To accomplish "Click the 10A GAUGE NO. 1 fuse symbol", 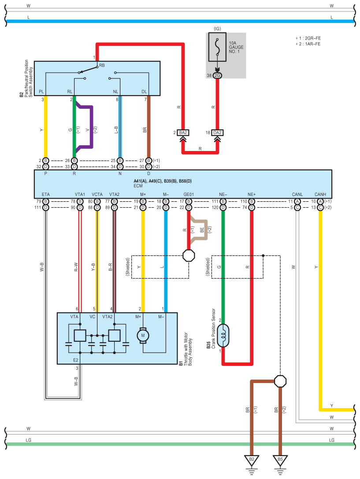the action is point(217,47).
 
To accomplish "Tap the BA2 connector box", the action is point(183,133).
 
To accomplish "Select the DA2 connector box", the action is point(218,133).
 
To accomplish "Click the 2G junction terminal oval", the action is point(217,75).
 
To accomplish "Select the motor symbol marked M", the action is point(142,335).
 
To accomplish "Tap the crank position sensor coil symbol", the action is point(223,336).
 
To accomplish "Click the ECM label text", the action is point(138,186).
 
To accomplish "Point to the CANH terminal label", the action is point(320,194).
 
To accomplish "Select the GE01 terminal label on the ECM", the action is point(189,194).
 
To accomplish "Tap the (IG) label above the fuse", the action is point(217,29).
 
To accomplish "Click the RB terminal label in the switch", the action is point(102,65).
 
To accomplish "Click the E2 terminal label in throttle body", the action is point(75,360).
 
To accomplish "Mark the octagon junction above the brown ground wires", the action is point(280,381).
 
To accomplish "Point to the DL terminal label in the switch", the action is point(144,92).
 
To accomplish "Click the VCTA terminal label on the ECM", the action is point(97,194).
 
